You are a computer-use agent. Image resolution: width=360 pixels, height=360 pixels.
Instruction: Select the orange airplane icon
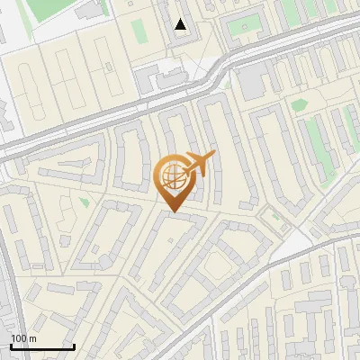pos(200,164)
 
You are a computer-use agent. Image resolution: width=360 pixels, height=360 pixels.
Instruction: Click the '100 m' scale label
pos(23,338)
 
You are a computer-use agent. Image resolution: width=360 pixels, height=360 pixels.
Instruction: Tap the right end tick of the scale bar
pos(74,345)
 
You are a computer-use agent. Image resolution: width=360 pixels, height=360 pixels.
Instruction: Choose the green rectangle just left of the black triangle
pos(140,31)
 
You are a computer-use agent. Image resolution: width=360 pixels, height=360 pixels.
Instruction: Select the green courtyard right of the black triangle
pos(240,26)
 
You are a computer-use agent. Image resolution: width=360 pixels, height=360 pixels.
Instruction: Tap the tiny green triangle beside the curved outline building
pos(85,202)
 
